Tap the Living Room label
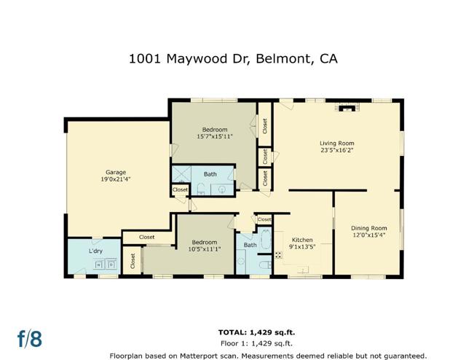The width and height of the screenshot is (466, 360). click(336, 143)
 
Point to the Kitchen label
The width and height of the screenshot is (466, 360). click(302, 240)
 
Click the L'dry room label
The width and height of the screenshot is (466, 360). click(95, 251)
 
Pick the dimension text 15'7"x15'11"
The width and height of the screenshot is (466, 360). click(215, 136)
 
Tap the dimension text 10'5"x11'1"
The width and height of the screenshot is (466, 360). click(205, 249)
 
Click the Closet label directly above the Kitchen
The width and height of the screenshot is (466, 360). click(264, 219)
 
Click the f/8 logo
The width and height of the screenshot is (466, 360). click(30, 338)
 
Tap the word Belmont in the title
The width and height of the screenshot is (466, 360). click(285, 59)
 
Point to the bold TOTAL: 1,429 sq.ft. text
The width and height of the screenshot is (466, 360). click(256, 332)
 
